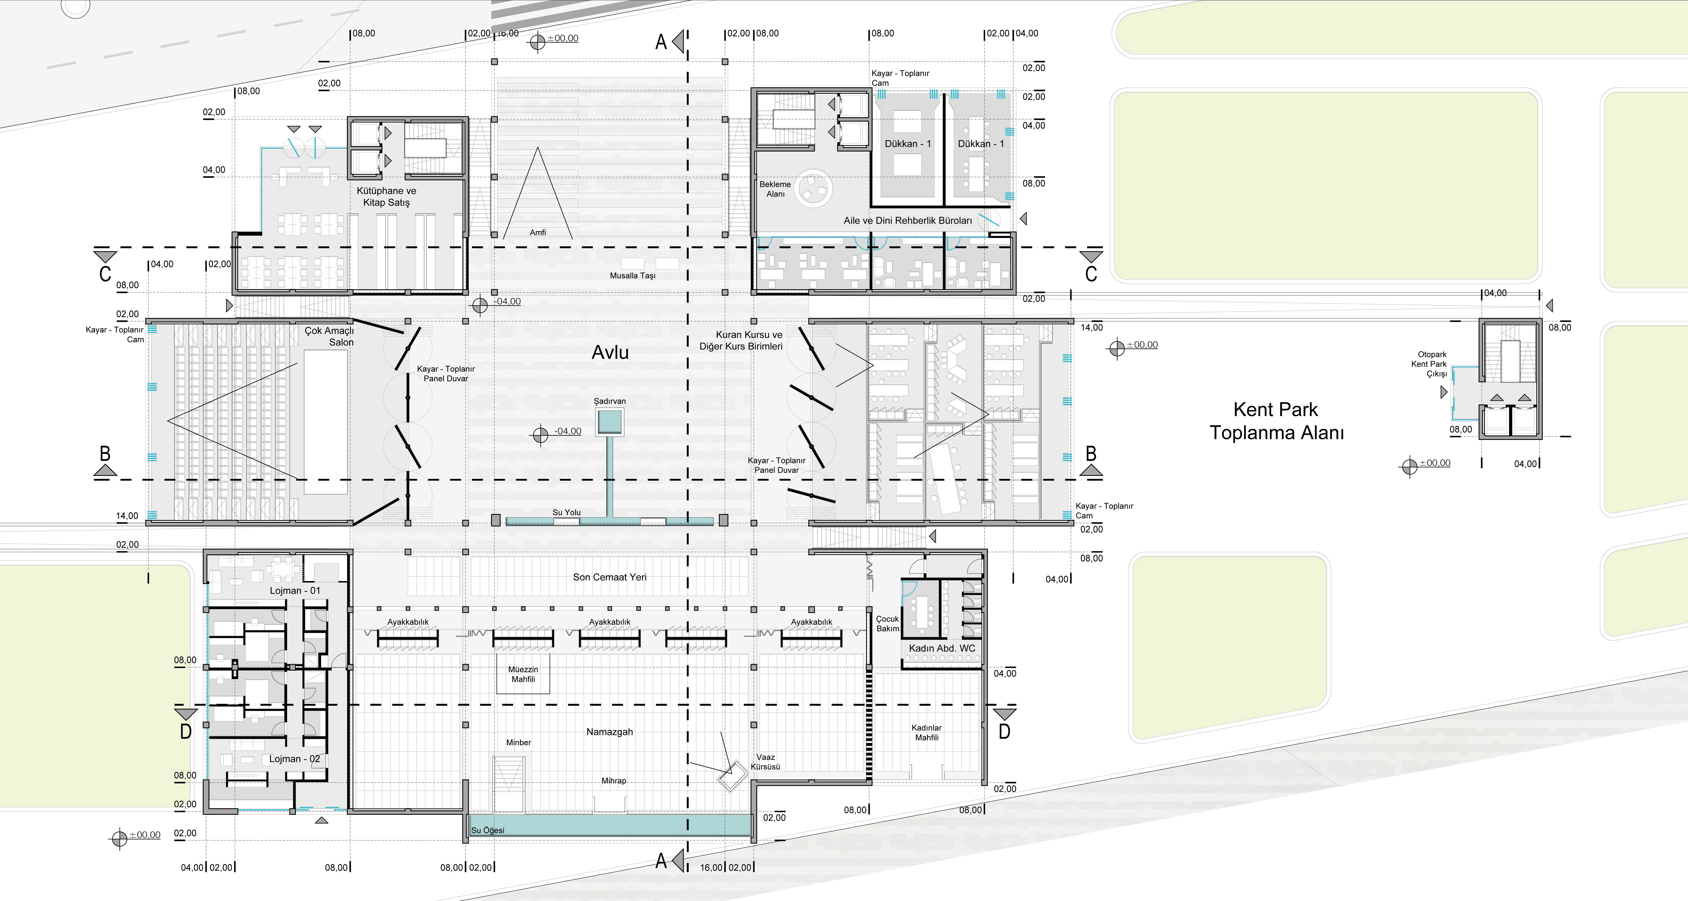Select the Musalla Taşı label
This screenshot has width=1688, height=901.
(632, 276)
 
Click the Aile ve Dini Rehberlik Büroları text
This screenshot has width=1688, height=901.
(908, 221)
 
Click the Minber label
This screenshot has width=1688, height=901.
(518, 743)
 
